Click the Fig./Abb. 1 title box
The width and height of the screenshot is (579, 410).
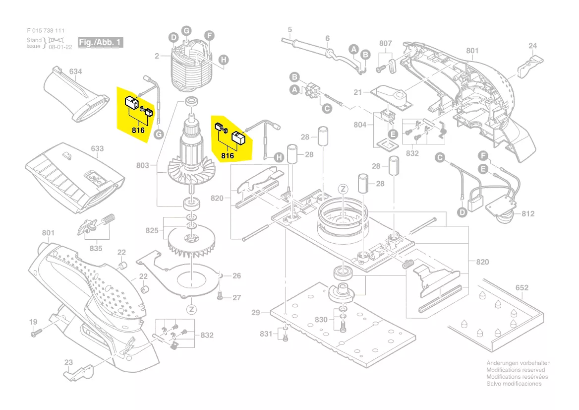(x=100, y=42)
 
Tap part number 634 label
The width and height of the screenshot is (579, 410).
(x=75, y=72)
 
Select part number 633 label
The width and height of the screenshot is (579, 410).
(x=97, y=148)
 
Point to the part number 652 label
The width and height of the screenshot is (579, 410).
(x=522, y=287)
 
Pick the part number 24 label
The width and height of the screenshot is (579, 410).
(x=532, y=46)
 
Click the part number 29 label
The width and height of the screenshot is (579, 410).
(x=256, y=312)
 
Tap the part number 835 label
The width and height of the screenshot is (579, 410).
(x=96, y=248)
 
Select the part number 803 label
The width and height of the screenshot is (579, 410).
(x=143, y=165)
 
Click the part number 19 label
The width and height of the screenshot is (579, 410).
(x=33, y=322)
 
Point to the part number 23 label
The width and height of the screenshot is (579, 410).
(x=68, y=362)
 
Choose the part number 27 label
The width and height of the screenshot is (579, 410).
(x=236, y=297)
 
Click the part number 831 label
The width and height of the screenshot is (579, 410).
(x=266, y=334)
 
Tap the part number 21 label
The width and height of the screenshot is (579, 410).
(x=358, y=92)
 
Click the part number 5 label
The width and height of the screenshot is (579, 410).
(x=290, y=29)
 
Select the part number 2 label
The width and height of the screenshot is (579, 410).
(x=157, y=56)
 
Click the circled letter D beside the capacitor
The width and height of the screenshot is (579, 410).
(x=462, y=213)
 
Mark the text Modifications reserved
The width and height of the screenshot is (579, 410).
(x=516, y=370)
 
